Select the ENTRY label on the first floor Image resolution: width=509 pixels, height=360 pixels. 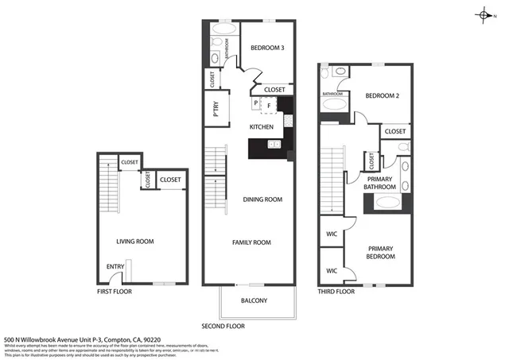(x=115, y=267)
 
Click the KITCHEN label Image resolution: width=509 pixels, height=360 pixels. (x=262, y=127)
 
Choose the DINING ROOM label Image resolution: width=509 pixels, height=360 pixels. (x=262, y=199)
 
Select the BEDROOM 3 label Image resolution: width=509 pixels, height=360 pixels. (x=267, y=48)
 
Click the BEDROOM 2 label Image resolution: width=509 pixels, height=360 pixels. (x=381, y=96)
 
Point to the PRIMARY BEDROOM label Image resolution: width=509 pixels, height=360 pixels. (x=380, y=253)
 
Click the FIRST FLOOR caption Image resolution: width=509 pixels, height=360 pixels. (x=115, y=292)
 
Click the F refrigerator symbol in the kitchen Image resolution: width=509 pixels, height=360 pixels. (x=269, y=104)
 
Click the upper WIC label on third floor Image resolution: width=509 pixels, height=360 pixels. (x=332, y=234)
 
